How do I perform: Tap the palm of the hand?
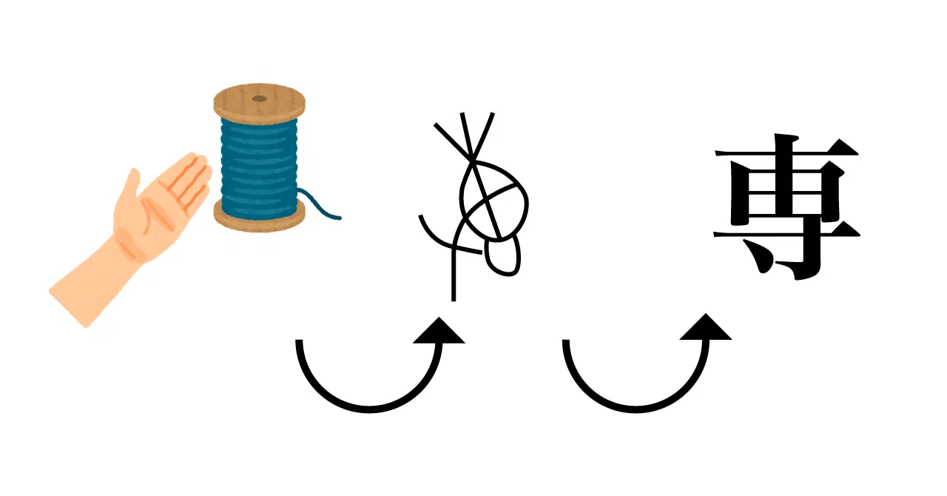pos(156,216)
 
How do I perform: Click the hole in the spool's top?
pos(260,99)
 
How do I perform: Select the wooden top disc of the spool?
pos(259,104)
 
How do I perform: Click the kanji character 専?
pos(786,207)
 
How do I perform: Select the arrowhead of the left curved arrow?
pos(439,332)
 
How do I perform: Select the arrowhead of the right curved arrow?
pos(706,328)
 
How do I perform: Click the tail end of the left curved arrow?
pos(300,341)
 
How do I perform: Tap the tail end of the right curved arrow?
pos(566,341)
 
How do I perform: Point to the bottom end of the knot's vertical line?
pos(454,300)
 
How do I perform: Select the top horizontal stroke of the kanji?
pos(787,152)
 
